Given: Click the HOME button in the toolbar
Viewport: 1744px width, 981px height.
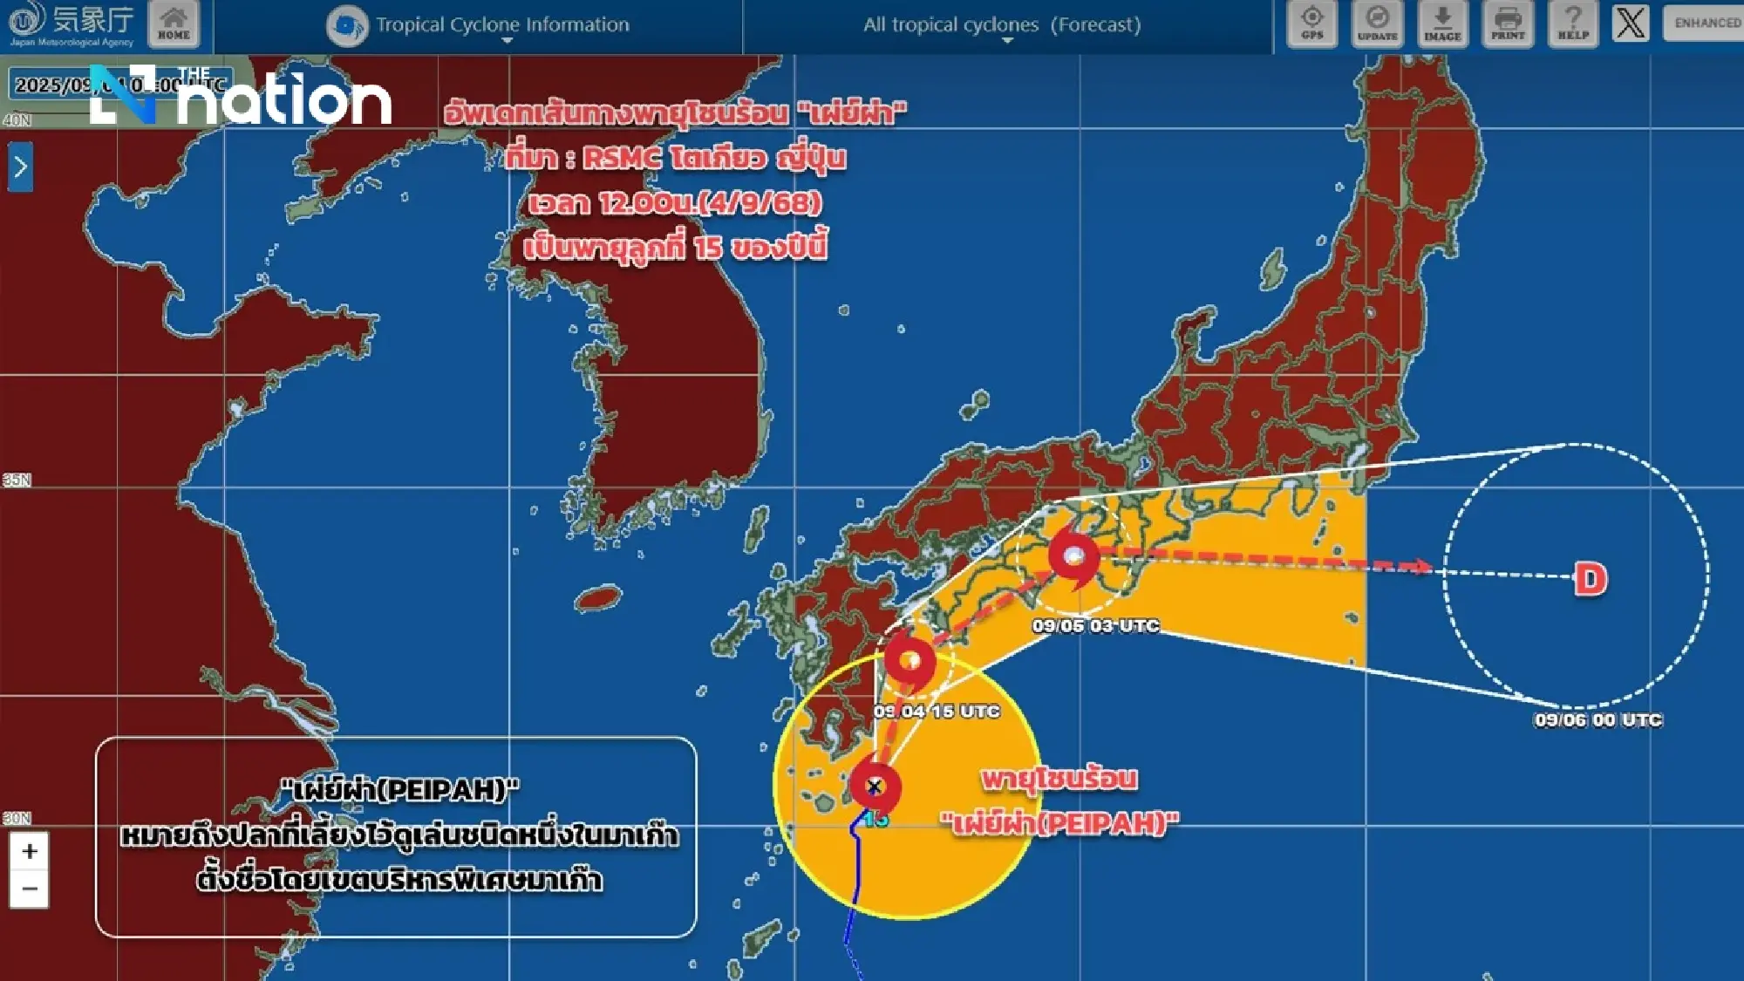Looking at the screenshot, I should pos(174,24).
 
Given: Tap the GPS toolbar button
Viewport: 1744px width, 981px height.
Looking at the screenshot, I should pos(1311,24).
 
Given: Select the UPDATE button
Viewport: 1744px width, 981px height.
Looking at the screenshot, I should pos(1377,24).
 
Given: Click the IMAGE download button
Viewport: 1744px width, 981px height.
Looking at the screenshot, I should pos(1442,24).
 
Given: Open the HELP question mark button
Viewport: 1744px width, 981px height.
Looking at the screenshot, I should pos(1573,24).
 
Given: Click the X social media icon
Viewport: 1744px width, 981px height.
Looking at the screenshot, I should pos(1630,24).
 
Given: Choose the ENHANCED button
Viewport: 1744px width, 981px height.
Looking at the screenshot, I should pos(1706,24).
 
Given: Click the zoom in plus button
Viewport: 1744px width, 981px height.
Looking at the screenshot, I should pos(30,851).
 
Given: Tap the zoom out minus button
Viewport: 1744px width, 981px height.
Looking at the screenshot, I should pos(30,889).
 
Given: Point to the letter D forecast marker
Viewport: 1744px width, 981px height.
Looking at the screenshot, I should pos(1590,579).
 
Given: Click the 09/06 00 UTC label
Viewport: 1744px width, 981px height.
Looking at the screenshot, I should pos(1598,720).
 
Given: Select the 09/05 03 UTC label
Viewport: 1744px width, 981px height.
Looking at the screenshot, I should pos(1095,625).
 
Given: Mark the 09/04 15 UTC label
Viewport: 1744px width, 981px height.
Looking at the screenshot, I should pos(937,712).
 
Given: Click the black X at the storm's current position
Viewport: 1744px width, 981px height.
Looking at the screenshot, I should pos(874,787).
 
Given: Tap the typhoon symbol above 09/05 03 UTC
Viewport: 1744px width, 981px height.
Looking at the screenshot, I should pos(1073,556).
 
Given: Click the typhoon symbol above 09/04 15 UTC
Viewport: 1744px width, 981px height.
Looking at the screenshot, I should pos(909,660).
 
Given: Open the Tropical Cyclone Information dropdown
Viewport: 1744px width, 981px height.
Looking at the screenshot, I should pos(502,25).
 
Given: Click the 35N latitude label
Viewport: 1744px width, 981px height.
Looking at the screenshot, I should pos(17,480).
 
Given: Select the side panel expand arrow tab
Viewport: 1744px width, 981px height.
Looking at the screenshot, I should pos(20,167).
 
